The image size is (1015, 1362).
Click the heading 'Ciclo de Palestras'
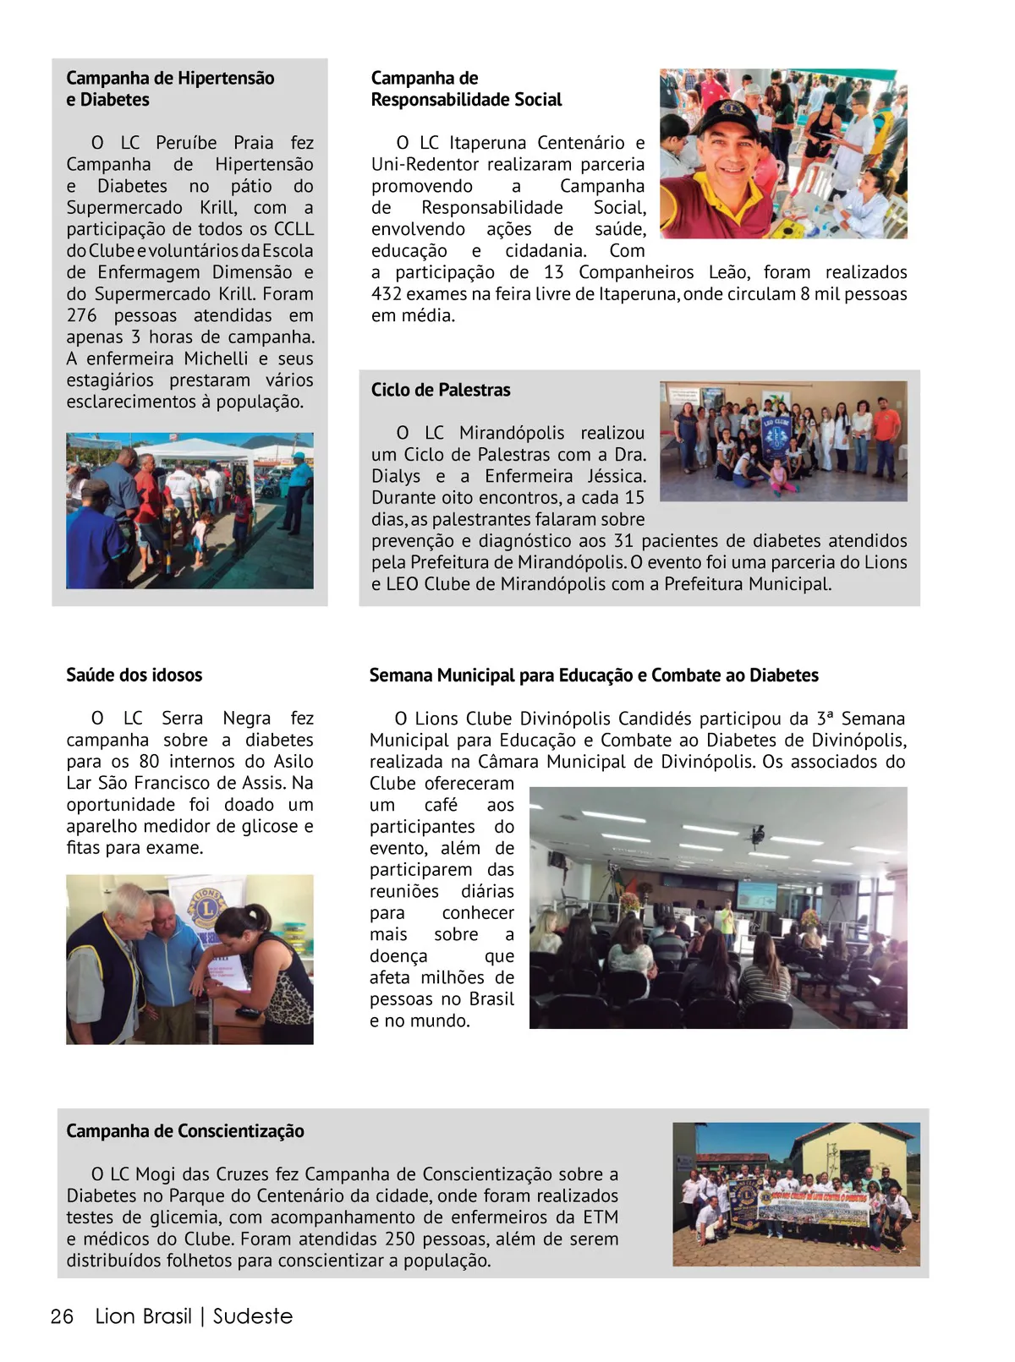click(441, 390)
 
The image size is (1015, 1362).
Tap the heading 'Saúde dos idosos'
click(134, 675)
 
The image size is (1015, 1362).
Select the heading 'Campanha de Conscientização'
click(185, 1130)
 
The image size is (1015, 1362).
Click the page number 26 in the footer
click(63, 1316)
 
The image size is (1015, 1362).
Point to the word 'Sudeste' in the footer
click(253, 1316)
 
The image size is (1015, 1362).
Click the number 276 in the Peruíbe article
click(81, 315)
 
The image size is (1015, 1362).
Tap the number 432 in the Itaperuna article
click(387, 293)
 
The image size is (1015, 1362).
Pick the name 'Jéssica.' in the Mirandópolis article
click(617, 476)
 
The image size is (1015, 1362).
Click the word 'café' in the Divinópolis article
click(441, 805)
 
